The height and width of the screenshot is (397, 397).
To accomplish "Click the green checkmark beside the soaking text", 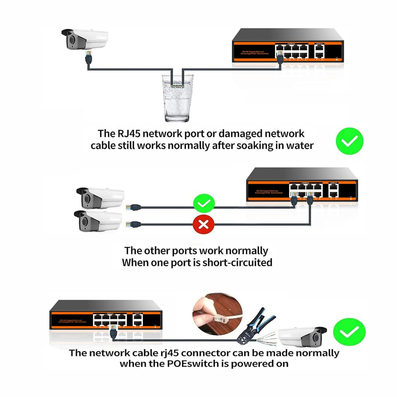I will (x=349, y=141).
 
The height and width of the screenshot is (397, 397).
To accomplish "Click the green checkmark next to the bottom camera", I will (x=349, y=333).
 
